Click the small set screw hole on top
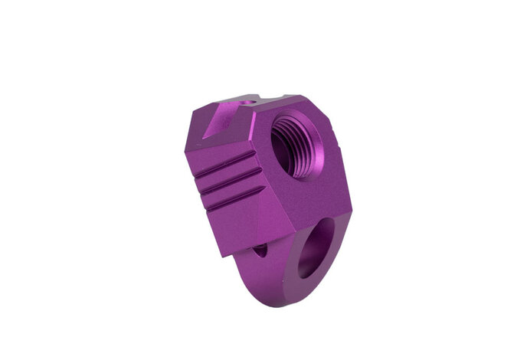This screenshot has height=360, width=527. tap(247, 101)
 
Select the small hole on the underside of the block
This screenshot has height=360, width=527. tap(260, 250)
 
